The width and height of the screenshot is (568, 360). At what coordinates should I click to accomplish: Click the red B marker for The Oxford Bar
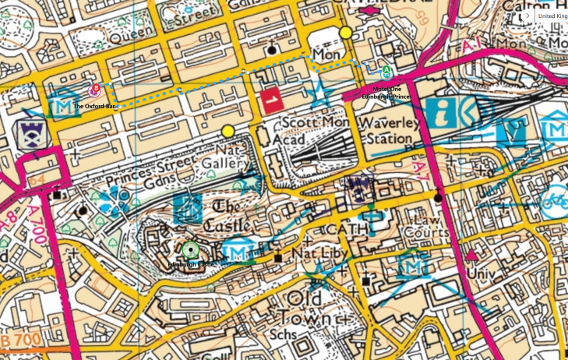click(x=96, y=90)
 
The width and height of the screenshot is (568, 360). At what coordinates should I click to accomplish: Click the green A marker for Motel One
click(x=386, y=72)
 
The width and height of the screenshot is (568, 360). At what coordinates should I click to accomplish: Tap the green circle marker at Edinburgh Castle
click(x=190, y=250)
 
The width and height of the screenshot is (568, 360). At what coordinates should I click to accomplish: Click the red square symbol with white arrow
click(x=270, y=101)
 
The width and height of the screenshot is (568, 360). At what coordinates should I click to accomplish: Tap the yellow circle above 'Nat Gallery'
click(x=228, y=130)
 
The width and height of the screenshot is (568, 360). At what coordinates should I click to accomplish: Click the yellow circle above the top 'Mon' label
click(x=345, y=33)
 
